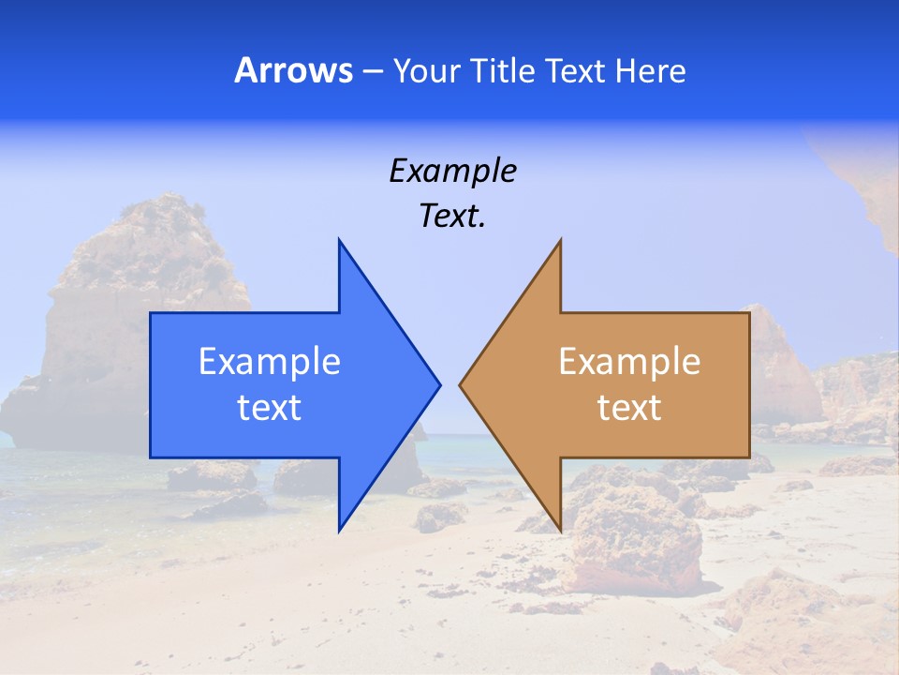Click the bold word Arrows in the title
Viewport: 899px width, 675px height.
[293, 70]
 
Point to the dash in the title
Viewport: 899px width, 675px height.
[372, 72]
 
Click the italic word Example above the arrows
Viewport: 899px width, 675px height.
[452, 171]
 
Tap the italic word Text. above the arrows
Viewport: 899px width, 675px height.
[452, 217]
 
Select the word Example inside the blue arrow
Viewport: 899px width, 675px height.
[270, 361]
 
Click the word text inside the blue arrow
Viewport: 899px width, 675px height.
[270, 408]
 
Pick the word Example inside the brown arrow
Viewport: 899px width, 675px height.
[629, 361]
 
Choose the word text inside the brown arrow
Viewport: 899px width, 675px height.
[629, 408]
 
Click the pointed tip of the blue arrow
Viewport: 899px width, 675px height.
[439, 384]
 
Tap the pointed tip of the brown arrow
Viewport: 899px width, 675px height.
[460, 384]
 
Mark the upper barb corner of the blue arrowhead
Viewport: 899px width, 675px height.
[339, 240]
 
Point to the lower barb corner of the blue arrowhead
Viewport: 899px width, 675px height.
[339, 531]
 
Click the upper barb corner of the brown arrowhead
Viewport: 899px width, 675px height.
[560, 240]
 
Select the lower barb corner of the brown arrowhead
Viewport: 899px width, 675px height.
[560, 531]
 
